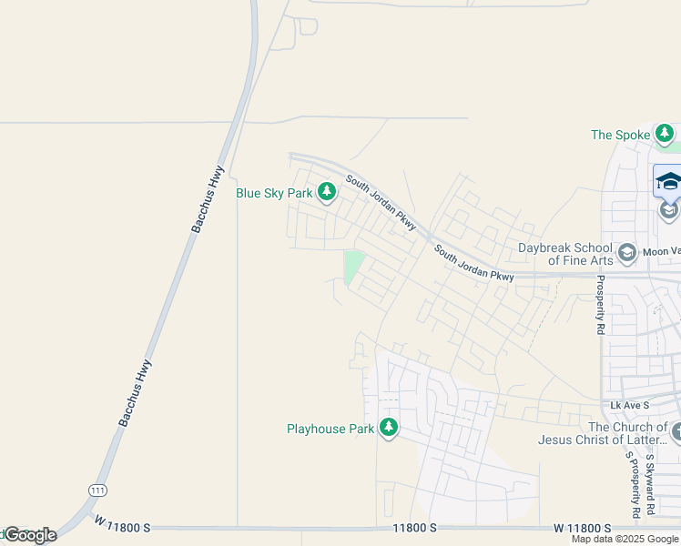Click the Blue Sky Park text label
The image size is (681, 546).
(274, 193)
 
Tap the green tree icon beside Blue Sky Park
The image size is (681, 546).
(327, 192)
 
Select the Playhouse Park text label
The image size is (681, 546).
(330, 429)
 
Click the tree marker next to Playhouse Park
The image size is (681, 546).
(389, 427)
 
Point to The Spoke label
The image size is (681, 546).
(621, 135)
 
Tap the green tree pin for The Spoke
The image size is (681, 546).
(666, 135)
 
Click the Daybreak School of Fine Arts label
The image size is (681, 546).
(566, 254)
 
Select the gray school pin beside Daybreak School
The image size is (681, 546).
(626, 251)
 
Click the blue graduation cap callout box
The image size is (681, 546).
(668, 181)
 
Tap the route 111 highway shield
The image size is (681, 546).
(97, 490)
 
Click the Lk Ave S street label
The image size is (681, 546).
(629, 404)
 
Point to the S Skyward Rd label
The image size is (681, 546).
(648, 486)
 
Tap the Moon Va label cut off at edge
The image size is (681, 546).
(662, 251)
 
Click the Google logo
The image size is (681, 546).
(29, 535)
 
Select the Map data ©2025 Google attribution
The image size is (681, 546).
(625, 539)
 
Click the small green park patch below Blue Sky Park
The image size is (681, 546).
(354, 266)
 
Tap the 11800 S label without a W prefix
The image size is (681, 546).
(415, 528)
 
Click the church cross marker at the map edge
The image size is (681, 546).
(676, 430)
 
